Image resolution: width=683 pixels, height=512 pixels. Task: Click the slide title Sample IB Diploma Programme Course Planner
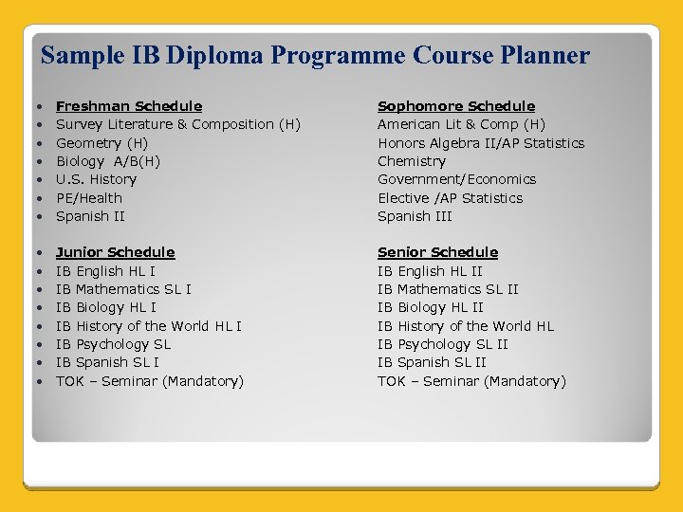[315, 56]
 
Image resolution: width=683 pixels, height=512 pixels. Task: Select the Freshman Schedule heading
[129, 106]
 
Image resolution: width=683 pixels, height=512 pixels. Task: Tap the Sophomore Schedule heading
[456, 106]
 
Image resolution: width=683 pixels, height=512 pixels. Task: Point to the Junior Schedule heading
[116, 252]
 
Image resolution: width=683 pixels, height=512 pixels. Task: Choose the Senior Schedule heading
[437, 252]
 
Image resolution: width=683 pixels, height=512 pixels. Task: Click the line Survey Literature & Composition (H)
[178, 124]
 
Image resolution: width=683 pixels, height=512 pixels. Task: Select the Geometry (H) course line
[102, 143]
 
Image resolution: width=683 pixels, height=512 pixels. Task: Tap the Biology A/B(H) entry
[108, 161]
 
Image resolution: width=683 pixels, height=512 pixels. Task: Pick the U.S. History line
[96, 179]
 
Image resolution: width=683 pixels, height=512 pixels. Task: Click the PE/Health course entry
[89, 198]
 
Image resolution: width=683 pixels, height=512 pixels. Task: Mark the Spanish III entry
[415, 216]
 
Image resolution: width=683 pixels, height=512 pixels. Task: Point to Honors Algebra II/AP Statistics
[481, 143]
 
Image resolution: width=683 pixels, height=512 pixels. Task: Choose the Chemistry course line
[412, 161]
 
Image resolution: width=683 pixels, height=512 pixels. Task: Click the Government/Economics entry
[456, 179]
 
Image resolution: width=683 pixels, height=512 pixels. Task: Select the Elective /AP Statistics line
[450, 198]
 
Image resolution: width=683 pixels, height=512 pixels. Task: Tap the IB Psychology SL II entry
[443, 344]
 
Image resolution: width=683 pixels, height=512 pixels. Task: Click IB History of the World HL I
[149, 326]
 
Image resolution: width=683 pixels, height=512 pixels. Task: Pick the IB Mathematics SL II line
[448, 289]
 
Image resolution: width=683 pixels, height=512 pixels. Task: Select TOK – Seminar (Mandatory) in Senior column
[471, 381]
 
